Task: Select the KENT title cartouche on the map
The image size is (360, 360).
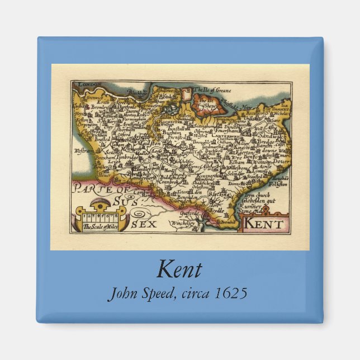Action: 264,224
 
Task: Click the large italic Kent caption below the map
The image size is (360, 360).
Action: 179,270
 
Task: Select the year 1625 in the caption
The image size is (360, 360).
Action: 229,293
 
